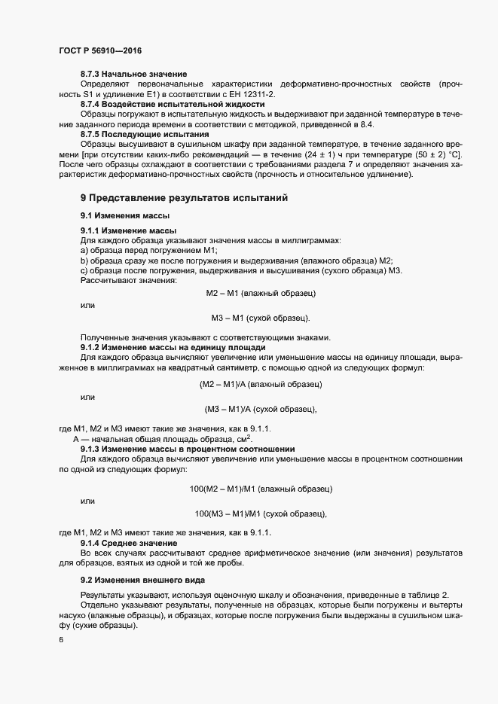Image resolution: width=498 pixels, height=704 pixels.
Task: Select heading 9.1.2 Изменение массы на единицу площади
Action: coord(173,347)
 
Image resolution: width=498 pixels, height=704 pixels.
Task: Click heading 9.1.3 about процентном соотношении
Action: coord(178,449)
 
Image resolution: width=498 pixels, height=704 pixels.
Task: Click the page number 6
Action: coord(61,640)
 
